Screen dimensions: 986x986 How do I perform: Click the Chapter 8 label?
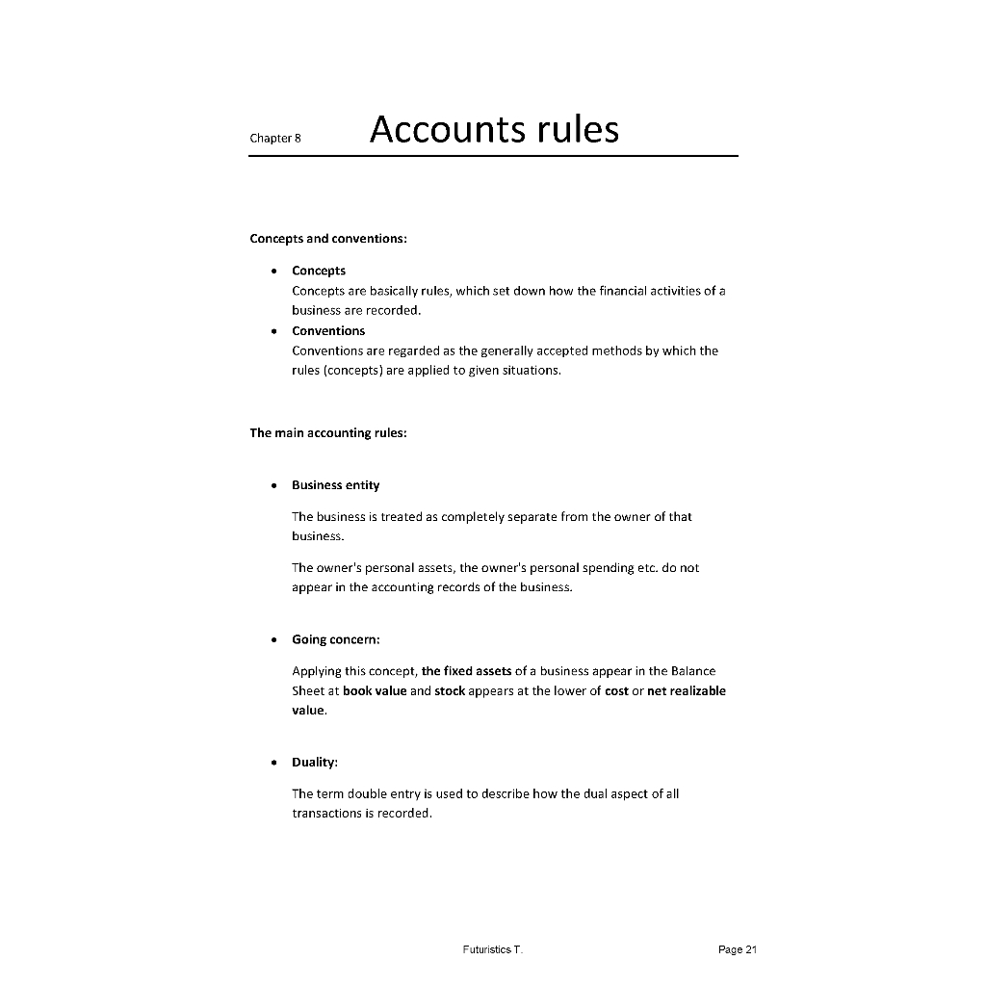pyautogui.click(x=275, y=138)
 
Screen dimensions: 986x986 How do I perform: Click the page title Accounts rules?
pyautogui.click(x=494, y=129)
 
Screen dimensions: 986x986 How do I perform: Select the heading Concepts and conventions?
pyautogui.click(x=328, y=239)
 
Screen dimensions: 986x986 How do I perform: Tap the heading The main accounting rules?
pyautogui.click(x=328, y=433)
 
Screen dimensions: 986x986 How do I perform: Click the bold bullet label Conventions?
pyautogui.click(x=328, y=331)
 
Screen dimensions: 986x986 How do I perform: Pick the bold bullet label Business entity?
pyautogui.click(x=335, y=485)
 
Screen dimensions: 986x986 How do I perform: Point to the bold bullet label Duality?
pyautogui.click(x=315, y=763)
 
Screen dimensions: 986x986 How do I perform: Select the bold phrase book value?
pyautogui.click(x=375, y=691)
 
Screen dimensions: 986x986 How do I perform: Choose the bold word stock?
pyautogui.click(x=450, y=691)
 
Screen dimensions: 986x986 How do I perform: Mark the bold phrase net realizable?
pyautogui.click(x=687, y=691)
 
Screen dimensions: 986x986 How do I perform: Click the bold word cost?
pyautogui.click(x=616, y=691)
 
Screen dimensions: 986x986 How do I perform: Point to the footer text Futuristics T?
pyautogui.click(x=492, y=950)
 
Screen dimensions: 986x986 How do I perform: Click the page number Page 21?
pyautogui.click(x=738, y=950)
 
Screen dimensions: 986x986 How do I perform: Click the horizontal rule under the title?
pyautogui.click(x=493, y=156)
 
